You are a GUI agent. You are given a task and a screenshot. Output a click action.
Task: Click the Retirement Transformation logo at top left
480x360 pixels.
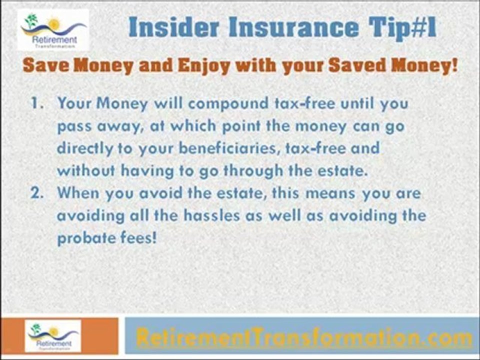53,29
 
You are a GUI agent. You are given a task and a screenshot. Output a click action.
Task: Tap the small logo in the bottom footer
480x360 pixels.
53,335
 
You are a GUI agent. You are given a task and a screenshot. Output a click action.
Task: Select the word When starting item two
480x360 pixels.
77,193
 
